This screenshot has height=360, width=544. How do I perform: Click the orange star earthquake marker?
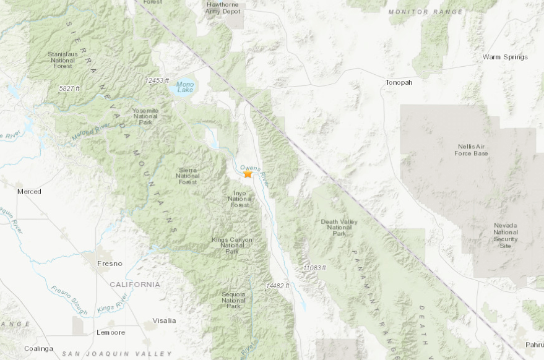pos(248,174)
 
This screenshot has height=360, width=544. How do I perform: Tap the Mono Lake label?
pos(185,87)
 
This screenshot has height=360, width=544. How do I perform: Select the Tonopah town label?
pos(399,82)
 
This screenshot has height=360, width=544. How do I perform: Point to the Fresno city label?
pos(110,264)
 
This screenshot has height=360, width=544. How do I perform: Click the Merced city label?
pos(29,192)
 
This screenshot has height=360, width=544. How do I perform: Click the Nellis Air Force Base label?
pos(472,150)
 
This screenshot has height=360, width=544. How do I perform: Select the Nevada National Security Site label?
pos(506,236)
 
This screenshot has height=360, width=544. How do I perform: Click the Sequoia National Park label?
pos(233,299)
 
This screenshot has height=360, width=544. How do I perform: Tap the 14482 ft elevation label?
pos(277,286)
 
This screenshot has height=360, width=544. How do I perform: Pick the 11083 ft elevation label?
pos(314,267)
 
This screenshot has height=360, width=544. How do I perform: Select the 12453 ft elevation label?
pos(157,81)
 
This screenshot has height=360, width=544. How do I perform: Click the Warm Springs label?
pos(505,57)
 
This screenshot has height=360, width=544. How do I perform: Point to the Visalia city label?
pos(164,320)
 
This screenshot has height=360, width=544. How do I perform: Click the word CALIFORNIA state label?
pos(135,285)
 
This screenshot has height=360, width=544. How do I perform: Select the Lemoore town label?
pos(110,332)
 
